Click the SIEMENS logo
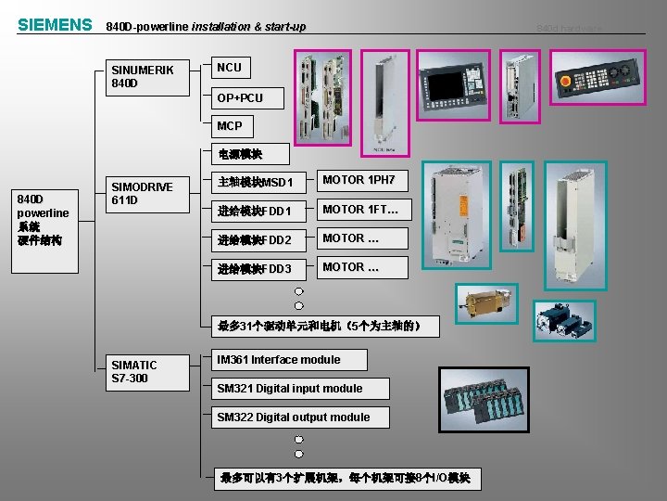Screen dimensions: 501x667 click(x=55, y=25)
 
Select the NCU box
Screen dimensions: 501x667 click(x=229, y=68)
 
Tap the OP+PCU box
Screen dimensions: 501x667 click(x=240, y=97)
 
